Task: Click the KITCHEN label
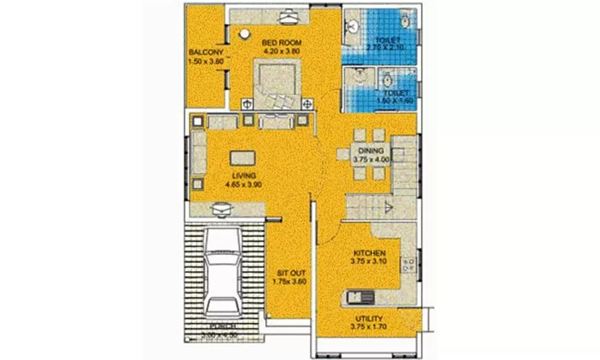[368, 253]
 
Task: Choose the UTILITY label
[368, 318]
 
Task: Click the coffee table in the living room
[242, 157]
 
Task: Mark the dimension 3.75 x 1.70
[368, 327]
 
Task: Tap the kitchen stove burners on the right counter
[410, 264]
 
